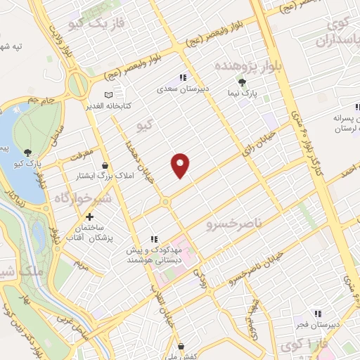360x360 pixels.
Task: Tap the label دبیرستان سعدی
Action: coord(184,89)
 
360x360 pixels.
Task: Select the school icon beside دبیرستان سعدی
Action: coord(183,78)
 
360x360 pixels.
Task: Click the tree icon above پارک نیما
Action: coord(243,82)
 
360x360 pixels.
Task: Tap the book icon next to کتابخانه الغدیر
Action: coord(108,94)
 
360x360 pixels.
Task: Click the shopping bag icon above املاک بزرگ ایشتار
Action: coord(105,165)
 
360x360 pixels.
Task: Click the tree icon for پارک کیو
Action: coord(27,152)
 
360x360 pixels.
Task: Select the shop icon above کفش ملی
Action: coord(181,346)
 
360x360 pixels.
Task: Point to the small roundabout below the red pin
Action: coord(166,202)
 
